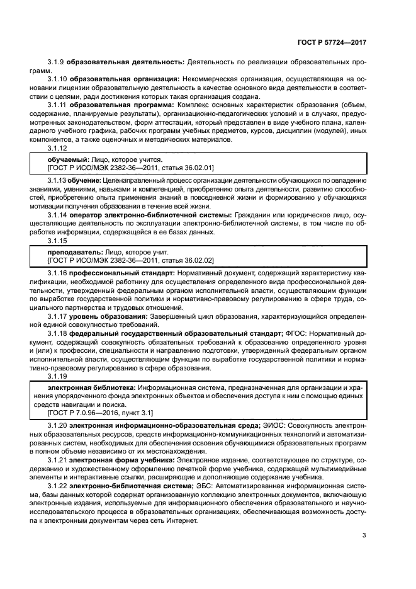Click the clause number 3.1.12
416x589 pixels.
click(x=57, y=147)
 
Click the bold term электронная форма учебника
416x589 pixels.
click(x=119, y=460)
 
